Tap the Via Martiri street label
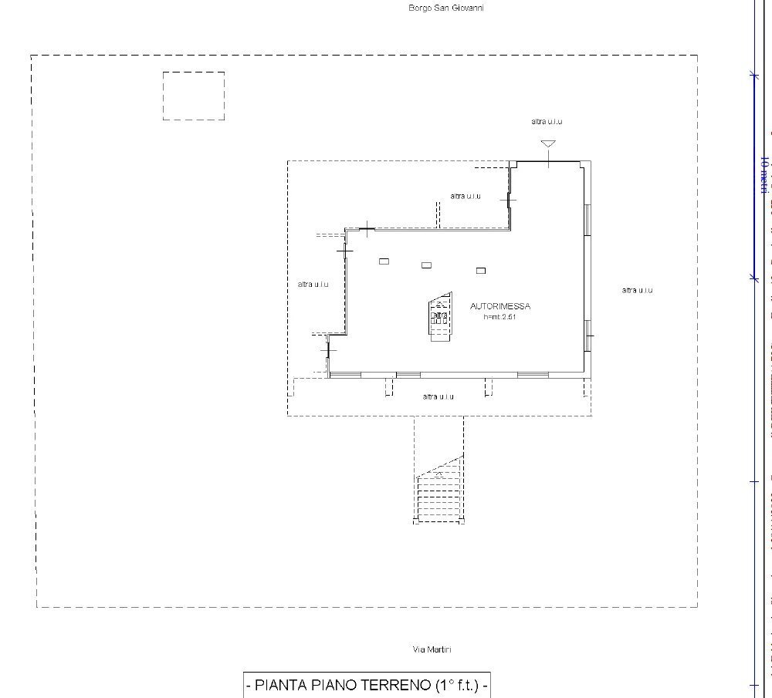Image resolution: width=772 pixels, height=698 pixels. click(432, 649)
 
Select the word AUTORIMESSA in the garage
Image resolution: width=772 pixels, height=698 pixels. click(500, 306)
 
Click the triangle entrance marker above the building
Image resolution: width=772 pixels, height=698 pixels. click(548, 143)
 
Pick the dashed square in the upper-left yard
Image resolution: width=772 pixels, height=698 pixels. click(194, 96)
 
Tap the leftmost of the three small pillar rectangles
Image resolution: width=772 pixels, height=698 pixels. click(384, 261)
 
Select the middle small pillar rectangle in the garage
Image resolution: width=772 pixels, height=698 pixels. click(426, 265)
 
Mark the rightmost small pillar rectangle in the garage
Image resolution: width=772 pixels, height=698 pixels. click(481, 270)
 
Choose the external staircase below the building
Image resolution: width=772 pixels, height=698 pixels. click(439, 491)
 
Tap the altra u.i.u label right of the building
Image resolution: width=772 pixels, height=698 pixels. click(638, 290)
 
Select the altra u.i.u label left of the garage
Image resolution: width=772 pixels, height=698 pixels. click(313, 285)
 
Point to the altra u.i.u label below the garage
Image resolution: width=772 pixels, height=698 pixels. click(438, 396)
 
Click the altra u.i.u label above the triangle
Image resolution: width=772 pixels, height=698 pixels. click(547, 122)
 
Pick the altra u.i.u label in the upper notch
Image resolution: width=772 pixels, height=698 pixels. click(466, 196)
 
